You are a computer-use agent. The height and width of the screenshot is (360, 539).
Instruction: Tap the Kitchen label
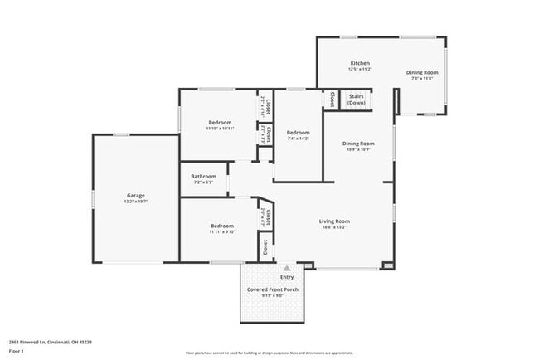point(359,63)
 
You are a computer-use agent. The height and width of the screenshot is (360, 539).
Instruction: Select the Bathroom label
point(203,176)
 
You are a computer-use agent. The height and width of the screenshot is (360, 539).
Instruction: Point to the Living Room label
point(335,221)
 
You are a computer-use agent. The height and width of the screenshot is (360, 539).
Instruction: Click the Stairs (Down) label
point(357,99)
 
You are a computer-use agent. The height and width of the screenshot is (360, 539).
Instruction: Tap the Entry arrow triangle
point(286,268)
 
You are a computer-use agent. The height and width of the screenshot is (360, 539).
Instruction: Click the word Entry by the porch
point(286,277)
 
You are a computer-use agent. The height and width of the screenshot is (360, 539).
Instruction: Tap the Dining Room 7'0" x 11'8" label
point(422,75)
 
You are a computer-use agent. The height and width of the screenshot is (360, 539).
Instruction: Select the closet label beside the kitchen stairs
point(332,99)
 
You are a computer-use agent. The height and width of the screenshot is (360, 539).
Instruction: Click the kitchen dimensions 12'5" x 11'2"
point(359,70)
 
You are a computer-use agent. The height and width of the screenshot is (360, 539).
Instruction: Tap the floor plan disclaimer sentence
point(269,353)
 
